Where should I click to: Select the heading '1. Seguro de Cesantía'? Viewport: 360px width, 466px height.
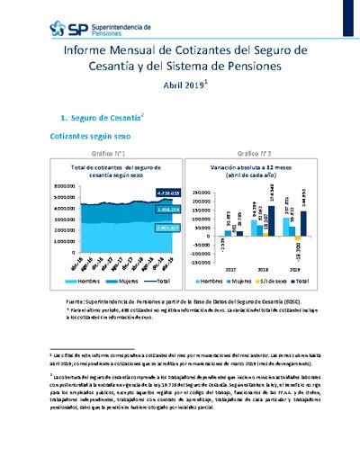pos(96,117)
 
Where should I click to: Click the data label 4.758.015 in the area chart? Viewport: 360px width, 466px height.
pos(143,193)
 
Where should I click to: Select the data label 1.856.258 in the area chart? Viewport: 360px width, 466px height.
pos(143,210)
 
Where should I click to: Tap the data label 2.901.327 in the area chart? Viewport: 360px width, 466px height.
pos(143,228)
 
